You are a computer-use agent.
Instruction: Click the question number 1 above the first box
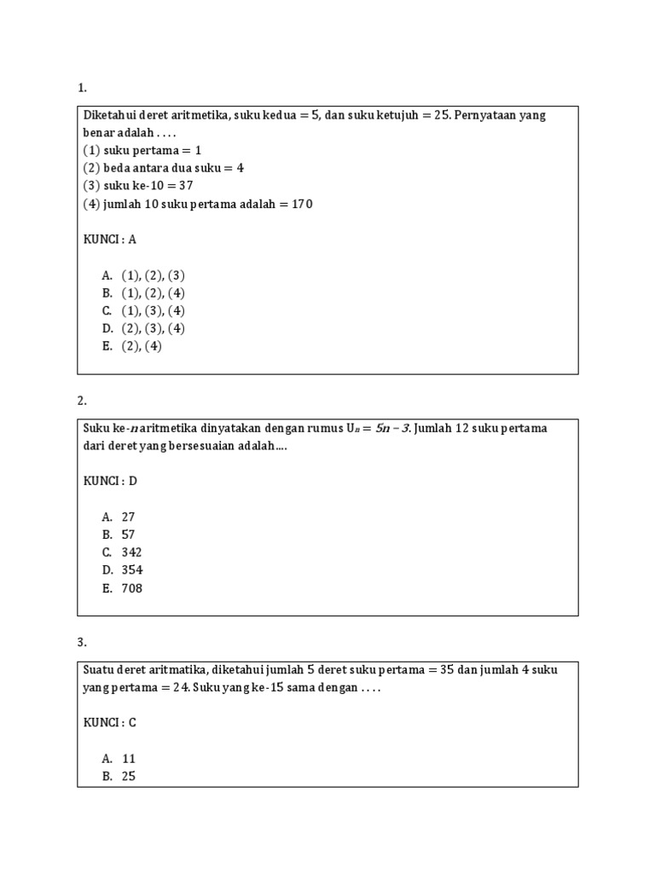click(81, 88)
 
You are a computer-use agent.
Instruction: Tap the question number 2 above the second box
click(81, 400)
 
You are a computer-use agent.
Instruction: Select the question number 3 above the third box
click(81, 642)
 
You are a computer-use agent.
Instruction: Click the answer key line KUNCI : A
click(110, 240)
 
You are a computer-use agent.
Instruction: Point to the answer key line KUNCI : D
click(110, 481)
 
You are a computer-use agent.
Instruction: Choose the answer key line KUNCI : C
click(110, 723)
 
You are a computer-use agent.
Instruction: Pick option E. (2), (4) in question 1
click(131, 346)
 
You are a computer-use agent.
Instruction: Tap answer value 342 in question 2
click(131, 552)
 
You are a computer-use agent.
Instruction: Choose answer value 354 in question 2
click(131, 570)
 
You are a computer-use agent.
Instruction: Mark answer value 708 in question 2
click(131, 588)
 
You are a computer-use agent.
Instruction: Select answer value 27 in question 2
click(128, 517)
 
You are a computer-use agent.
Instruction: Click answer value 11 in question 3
click(128, 759)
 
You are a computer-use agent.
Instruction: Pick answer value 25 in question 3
click(128, 777)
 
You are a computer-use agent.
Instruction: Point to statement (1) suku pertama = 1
click(142, 150)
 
